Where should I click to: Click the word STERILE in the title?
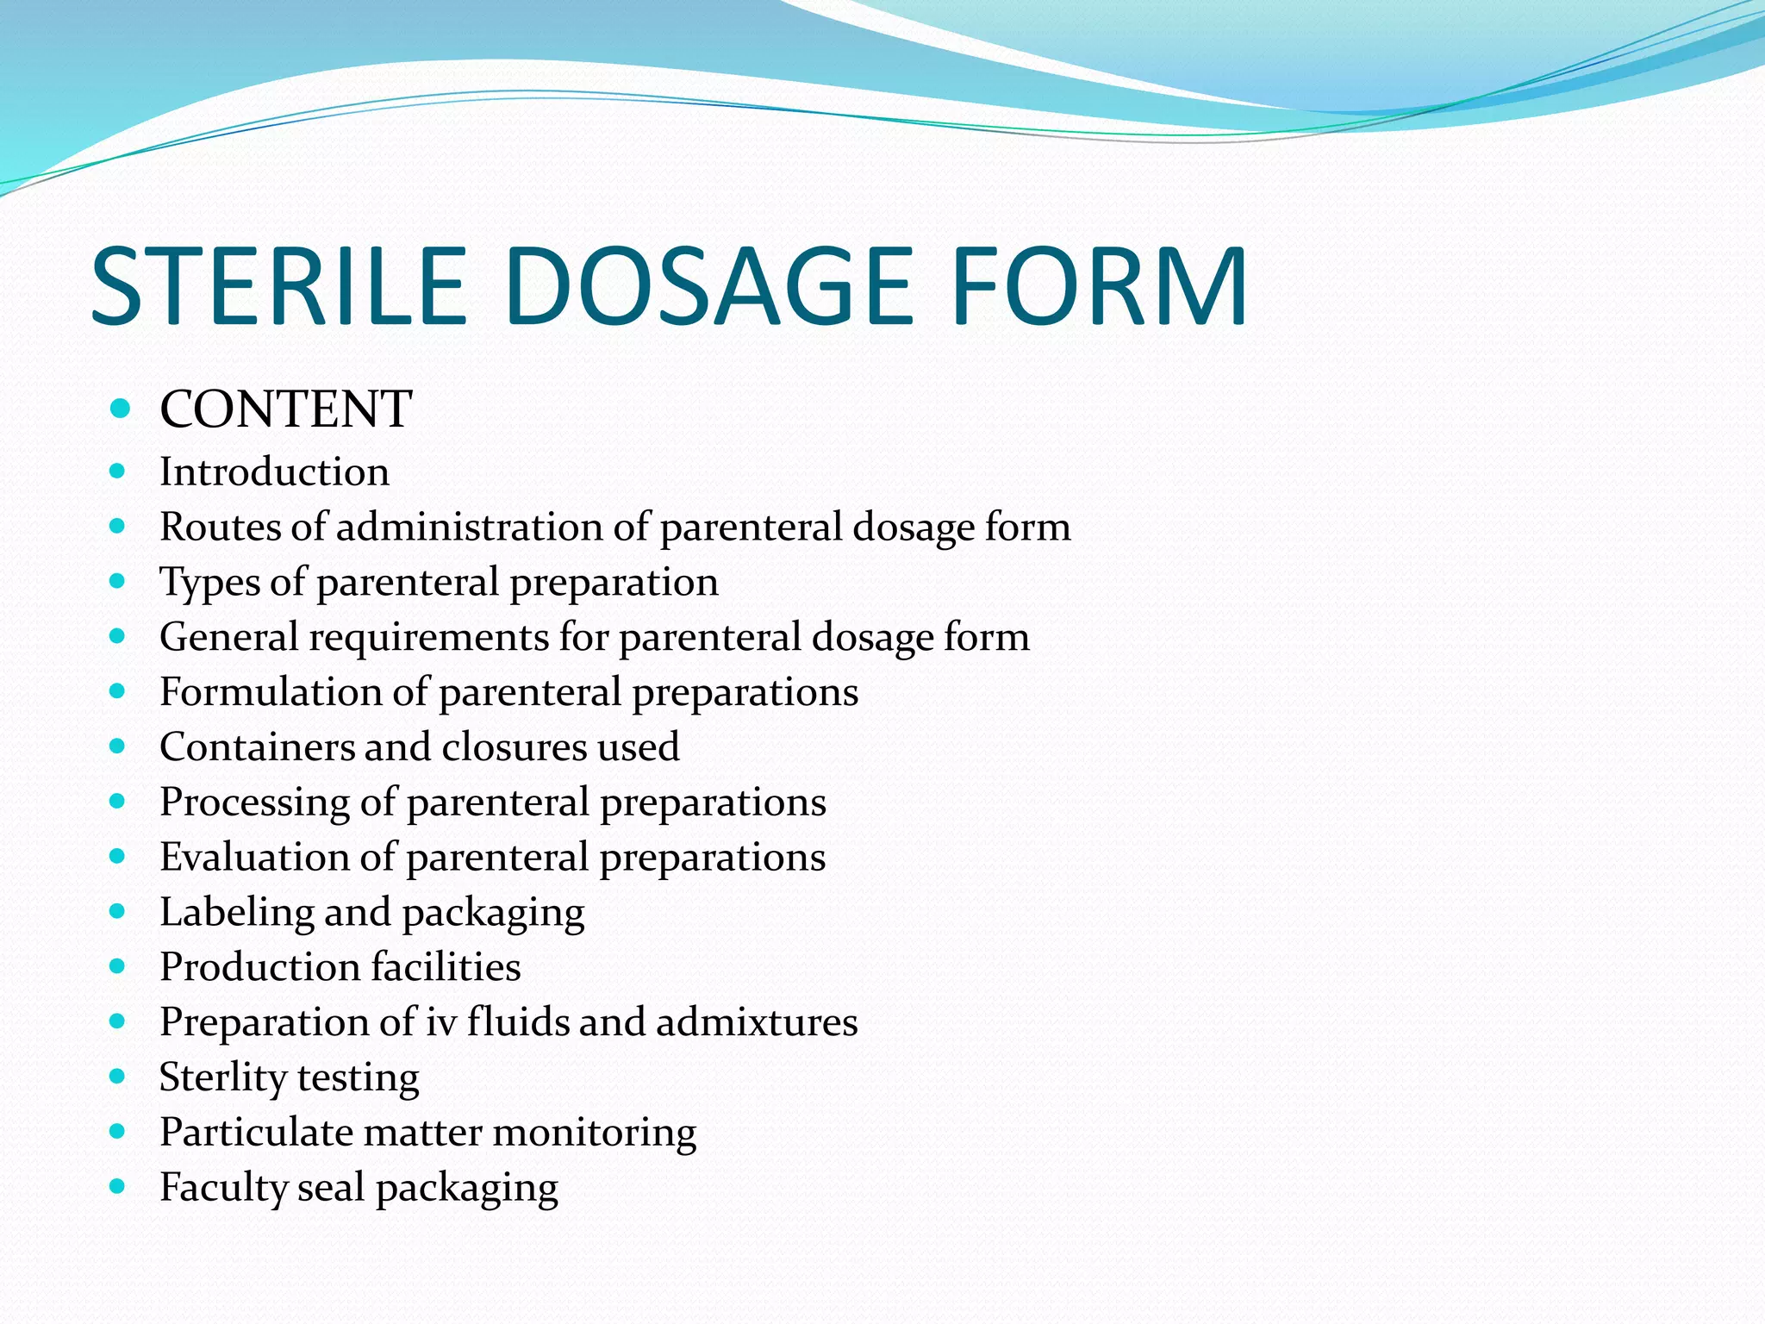278,286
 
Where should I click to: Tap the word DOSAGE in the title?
708,286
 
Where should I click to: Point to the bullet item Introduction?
274,472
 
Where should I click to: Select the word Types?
209,583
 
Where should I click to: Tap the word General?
228,637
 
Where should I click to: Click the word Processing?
254,803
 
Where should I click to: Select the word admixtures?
757,1022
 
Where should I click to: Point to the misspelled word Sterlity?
222,1077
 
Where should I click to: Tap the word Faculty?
222,1188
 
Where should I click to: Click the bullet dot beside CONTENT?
120,408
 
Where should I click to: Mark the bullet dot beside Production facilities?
118,966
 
